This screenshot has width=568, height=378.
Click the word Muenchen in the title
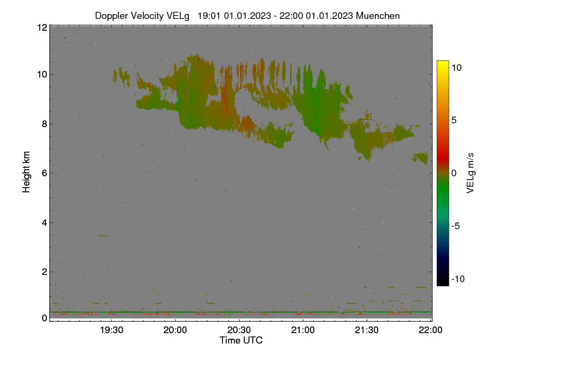[378, 16]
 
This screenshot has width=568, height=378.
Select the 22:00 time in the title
[291, 16]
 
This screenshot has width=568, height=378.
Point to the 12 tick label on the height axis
[42, 27]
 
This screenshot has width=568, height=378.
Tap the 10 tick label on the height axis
[42, 75]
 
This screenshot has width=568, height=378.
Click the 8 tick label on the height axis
[44, 124]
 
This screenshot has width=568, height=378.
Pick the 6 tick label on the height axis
[44, 173]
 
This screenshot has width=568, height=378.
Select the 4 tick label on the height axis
[44, 223]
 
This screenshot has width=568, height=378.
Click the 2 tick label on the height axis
[44, 272]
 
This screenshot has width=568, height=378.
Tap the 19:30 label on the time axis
[112, 330]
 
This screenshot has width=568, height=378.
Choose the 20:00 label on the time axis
[175, 330]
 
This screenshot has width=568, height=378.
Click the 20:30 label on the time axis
[239, 330]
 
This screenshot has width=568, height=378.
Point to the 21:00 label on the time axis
[303, 330]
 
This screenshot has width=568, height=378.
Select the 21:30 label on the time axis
[367, 330]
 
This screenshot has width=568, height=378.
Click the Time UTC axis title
[241, 340]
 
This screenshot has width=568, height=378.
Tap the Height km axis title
[26, 172]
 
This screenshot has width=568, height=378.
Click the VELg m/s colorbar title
[470, 173]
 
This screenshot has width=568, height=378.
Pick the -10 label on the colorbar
[458, 279]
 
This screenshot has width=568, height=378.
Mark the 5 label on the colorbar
[454, 120]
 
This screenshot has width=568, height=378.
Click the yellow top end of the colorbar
[443, 61]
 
